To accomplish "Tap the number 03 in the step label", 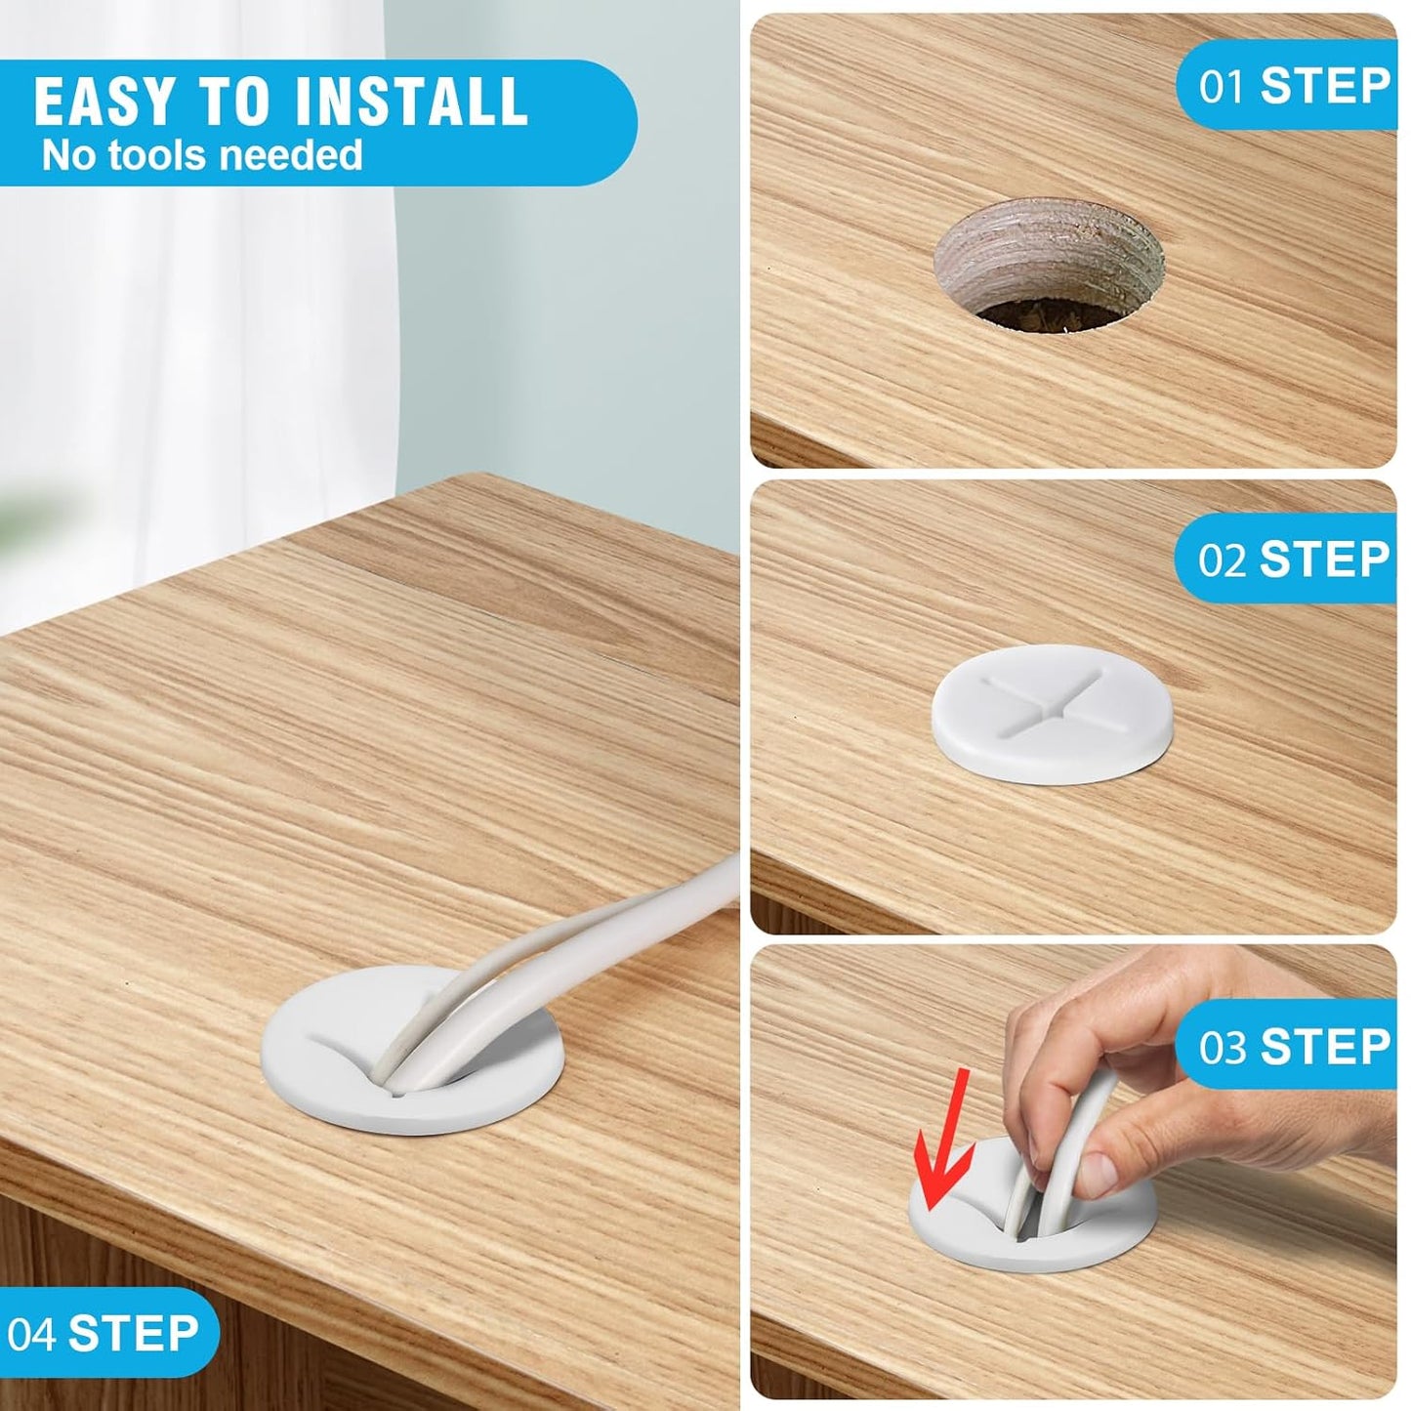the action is coord(1222,1047).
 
